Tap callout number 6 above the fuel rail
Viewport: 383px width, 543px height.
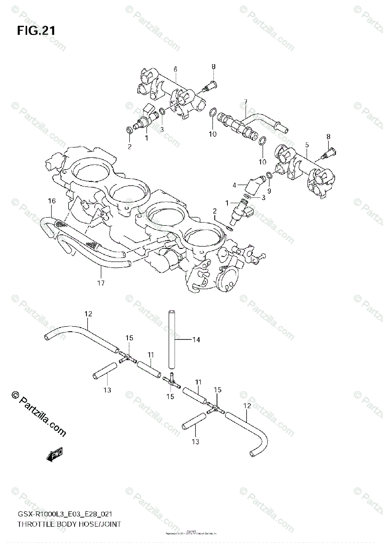[175, 69]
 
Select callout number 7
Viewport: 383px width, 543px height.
[246, 101]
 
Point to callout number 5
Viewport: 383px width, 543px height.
[307, 145]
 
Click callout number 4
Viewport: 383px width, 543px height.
[235, 185]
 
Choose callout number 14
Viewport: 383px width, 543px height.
[196, 339]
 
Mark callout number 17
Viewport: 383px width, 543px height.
[100, 283]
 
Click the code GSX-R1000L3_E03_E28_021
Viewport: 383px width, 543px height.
[65, 514]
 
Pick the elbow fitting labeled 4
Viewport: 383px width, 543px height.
[256, 184]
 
